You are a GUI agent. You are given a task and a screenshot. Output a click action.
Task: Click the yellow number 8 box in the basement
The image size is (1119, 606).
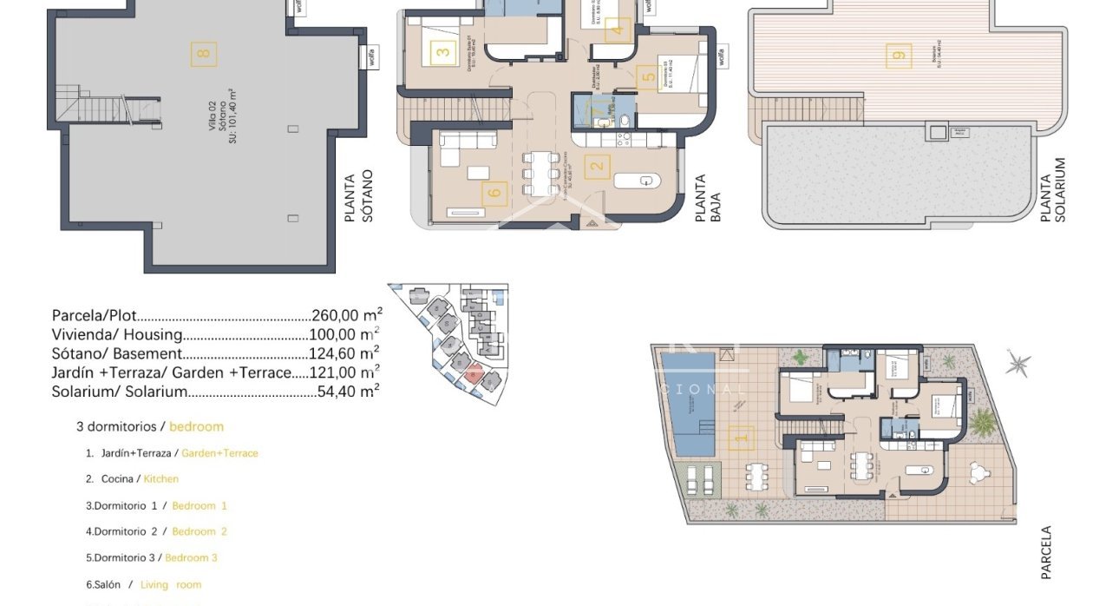tap(204, 54)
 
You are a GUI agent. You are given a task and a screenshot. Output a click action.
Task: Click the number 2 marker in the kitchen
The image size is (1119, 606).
tap(596, 166)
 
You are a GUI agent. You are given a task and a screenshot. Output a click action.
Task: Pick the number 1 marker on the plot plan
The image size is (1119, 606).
tap(740, 438)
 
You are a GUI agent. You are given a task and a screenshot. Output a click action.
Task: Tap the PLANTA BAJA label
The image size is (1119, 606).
tap(708, 199)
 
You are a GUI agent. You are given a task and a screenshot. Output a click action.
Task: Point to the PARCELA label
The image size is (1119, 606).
tap(1046, 552)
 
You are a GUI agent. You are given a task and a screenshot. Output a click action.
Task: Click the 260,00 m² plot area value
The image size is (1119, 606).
tap(346, 316)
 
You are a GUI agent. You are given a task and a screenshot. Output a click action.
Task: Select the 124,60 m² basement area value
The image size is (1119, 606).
tap(344, 353)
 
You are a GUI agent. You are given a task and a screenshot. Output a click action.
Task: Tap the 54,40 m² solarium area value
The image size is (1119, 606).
tap(348, 392)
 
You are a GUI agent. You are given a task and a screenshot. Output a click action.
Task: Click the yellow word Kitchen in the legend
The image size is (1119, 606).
tap(160, 478)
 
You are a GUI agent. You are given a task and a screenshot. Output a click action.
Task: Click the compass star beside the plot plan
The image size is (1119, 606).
tap(1018, 364)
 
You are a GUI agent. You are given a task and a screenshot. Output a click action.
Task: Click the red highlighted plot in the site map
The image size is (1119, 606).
tap(472, 374)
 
